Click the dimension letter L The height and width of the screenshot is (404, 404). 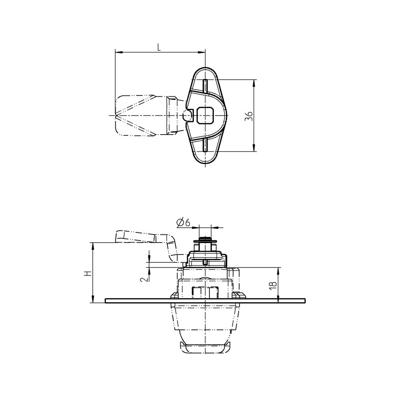[159, 47]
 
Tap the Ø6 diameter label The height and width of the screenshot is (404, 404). [183, 223]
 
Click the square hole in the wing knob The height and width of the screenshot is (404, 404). [206, 116]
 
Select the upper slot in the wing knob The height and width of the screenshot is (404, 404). [206, 86]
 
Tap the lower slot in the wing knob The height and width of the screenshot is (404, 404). [206, 145]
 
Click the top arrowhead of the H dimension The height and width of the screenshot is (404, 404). [93, 245]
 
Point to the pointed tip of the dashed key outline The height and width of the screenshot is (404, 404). [117, 116]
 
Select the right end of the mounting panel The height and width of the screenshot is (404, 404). [304, 301]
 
